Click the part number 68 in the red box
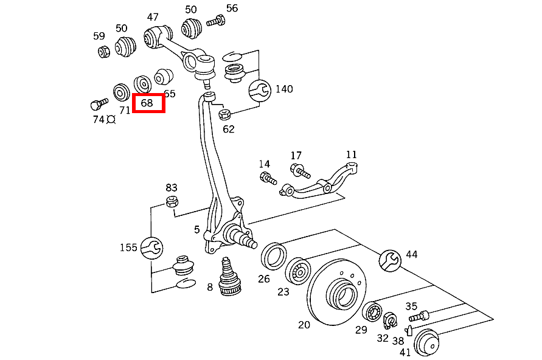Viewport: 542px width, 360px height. coord(147,103)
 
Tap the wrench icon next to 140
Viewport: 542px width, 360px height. coord(261,90)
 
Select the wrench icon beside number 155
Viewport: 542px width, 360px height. coord(151,247)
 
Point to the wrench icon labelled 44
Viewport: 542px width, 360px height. coord(389,259)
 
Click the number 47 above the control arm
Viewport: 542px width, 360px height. coord(153,17)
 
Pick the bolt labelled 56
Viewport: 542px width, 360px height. coord(215,22)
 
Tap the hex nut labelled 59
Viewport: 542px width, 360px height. coord(103,52)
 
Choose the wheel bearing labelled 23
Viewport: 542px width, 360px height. coord(297,270)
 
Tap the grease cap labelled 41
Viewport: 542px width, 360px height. coord(426,342)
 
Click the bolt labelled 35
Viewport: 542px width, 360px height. coord(419,316)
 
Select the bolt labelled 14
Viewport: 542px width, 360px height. coord(268,178)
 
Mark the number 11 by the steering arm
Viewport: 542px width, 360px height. coord(352,154)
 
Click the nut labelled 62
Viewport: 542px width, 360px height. coord(223,114)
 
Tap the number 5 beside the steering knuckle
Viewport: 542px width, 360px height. coord(197,229)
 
